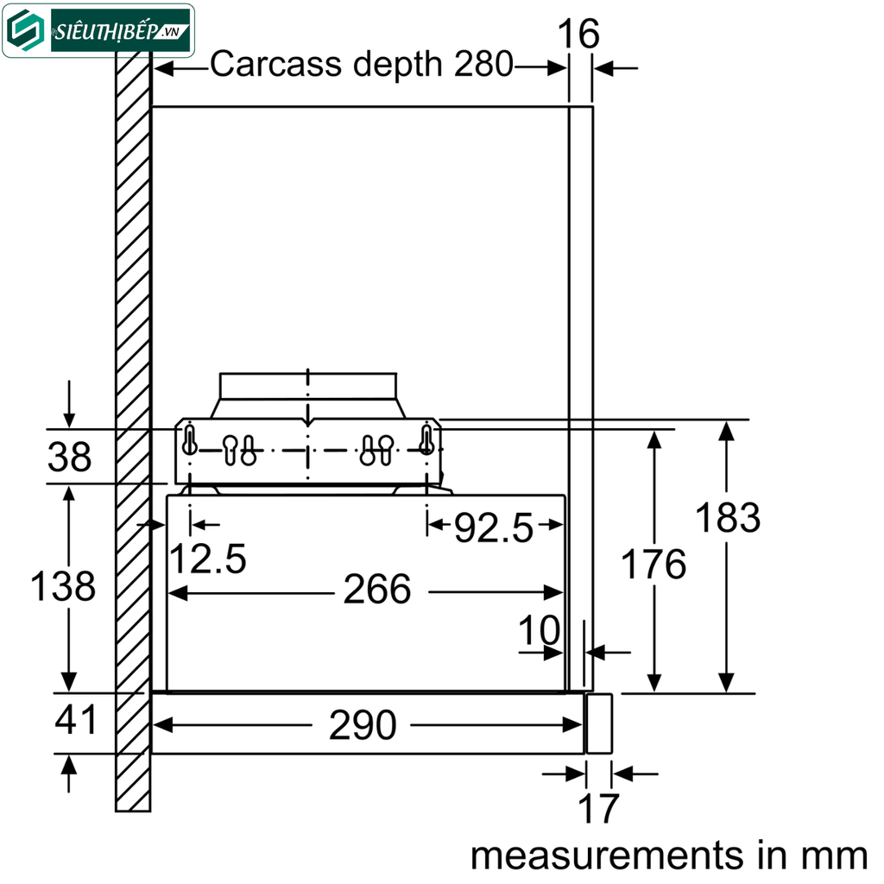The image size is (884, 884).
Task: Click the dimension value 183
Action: (x=728, y=518)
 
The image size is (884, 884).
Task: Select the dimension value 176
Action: (x=654, y=565)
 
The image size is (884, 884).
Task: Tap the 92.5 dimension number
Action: (x=494, y=528)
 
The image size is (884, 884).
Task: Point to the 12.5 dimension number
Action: (x=207, y=559)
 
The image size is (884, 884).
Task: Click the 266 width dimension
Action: (x=377, y=590)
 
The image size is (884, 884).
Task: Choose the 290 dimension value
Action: (x=362, y=725)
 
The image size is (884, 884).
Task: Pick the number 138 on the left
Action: (x=62, y=587)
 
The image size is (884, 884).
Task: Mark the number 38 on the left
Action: (x=69, y=458)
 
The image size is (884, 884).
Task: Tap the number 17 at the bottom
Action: (x=597, y=809)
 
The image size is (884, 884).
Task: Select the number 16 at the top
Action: (x=578, y=35)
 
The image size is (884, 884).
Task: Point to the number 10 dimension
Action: (x=539, y=632)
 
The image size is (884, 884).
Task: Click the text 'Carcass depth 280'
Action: (x=362, y=65)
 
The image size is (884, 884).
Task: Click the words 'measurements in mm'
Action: (x=668, y=856)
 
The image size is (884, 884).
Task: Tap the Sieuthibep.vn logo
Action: (x=98, y=31)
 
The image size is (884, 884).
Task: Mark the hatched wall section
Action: (x=133, y=432)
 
